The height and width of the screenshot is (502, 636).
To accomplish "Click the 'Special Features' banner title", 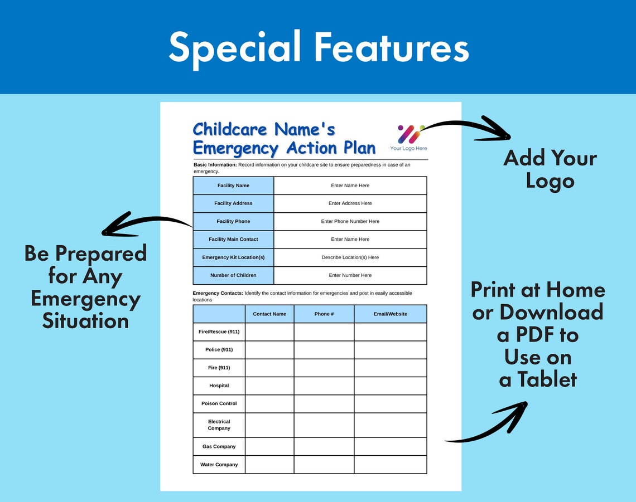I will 318,47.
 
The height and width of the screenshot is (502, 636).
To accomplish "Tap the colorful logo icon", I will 410,134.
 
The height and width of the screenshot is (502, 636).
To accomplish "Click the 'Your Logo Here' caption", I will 408,148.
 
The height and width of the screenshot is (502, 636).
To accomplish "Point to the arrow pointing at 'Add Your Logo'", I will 469,128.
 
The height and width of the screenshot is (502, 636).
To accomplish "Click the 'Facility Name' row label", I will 233,186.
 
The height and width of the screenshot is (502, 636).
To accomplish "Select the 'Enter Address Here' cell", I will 350,203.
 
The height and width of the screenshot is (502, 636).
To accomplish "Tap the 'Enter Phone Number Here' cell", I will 350,221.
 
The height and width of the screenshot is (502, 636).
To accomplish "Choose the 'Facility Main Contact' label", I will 233,239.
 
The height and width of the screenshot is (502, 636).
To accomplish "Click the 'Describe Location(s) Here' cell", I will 350,257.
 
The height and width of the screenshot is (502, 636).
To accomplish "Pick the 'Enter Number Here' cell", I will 350,275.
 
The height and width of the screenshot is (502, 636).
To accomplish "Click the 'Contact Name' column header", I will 269,314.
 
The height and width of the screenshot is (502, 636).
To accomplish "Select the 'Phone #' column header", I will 324,314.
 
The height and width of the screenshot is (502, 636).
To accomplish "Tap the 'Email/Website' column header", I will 390,314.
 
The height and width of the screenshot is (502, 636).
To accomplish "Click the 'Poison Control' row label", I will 219,403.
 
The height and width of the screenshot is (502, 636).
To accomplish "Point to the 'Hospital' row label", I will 219,386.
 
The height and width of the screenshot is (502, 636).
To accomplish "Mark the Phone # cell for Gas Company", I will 324,446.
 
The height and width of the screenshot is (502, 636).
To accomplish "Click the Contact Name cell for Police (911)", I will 269,349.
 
